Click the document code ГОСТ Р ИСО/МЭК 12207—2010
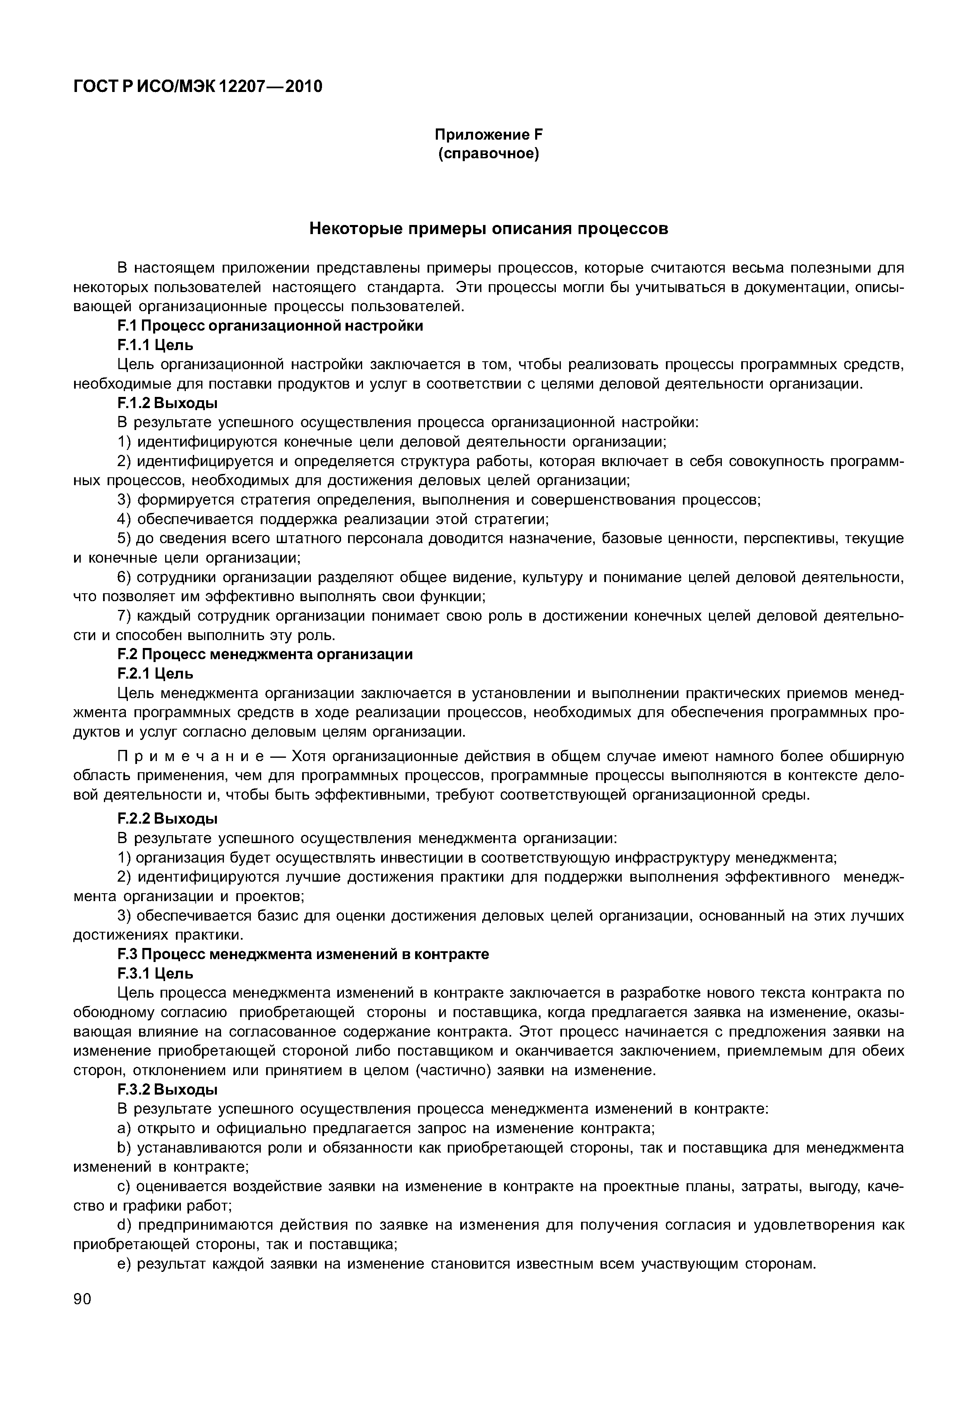[x=197, y=87]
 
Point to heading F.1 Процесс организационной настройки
[x=270, y=326]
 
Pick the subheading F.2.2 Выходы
[x=167, y=819]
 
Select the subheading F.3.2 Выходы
[x=167, y=1090]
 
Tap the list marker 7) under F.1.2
[x=125, y=616]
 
